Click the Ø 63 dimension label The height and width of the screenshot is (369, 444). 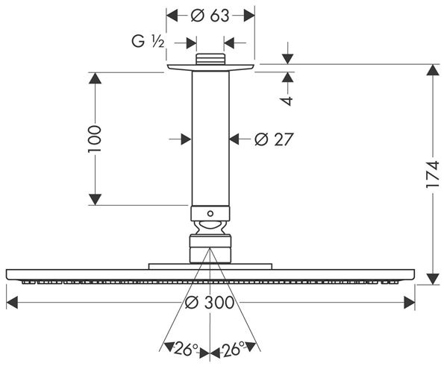tap(210, 16)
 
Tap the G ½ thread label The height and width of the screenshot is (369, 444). tap(148, 42)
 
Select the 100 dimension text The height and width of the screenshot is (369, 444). tap(94, 139)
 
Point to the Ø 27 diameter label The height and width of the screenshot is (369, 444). tap(273, 139)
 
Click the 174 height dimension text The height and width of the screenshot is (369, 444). tap(433, 174)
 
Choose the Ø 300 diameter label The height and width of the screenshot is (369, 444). tap(210, 302)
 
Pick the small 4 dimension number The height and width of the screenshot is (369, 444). tap(288, 101)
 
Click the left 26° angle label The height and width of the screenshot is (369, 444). tap(187, 349)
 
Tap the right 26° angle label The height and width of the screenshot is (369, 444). tap(233, 349)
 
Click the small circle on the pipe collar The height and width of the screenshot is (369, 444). tap(210, 213)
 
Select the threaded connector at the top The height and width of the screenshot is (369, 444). tap(210, 59)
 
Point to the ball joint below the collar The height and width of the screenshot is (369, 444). tap(210, 227)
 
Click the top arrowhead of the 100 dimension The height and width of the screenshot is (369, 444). tap(95, 78)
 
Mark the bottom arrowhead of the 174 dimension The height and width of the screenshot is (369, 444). tap(433, 279)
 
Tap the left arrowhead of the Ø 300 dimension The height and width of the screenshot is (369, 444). tap(12, 302)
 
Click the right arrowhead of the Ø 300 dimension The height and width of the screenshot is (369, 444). tap(410, 302)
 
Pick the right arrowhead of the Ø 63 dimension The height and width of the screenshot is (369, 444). tap(249, 16)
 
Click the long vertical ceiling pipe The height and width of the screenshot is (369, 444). tap(210, 139)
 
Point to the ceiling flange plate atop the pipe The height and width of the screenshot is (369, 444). tap(210, 68)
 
